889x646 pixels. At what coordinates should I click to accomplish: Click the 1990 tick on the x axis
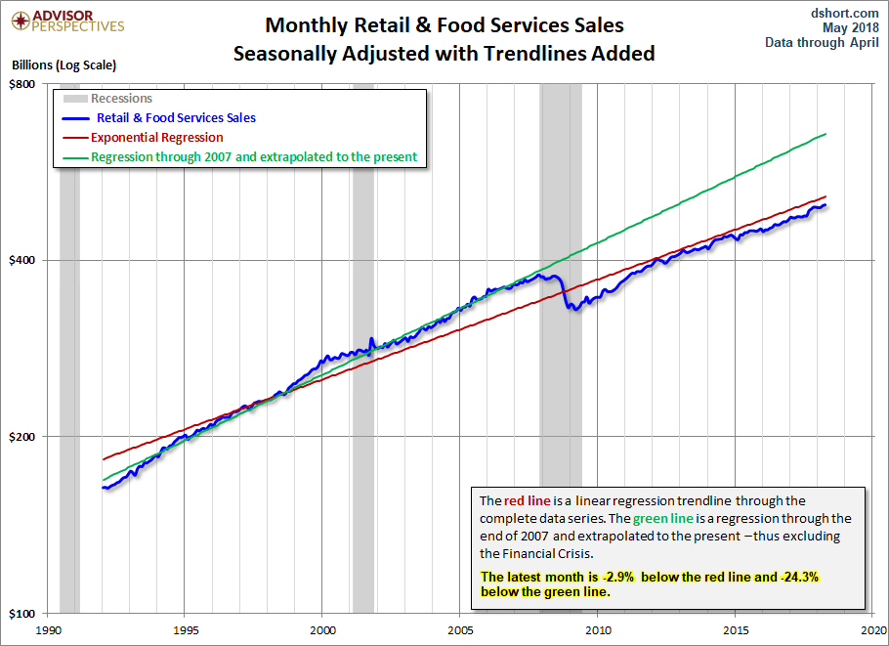[x=50, y=630]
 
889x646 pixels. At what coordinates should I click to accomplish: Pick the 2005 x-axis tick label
[x=462, y=630]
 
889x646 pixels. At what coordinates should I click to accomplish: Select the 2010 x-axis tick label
[x=599, y=630]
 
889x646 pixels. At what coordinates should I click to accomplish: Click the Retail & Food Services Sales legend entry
[x=176, y=118]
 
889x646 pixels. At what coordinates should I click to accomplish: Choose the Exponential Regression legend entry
[x=156, y=138]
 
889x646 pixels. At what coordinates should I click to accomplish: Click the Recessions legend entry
[x=121, y=99]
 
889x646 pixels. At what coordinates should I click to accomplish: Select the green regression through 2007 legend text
[x=253, y=156]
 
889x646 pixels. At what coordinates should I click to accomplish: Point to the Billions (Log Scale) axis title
[x=63, y=65]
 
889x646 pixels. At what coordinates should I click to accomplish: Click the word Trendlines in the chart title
[x=541, y=54]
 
